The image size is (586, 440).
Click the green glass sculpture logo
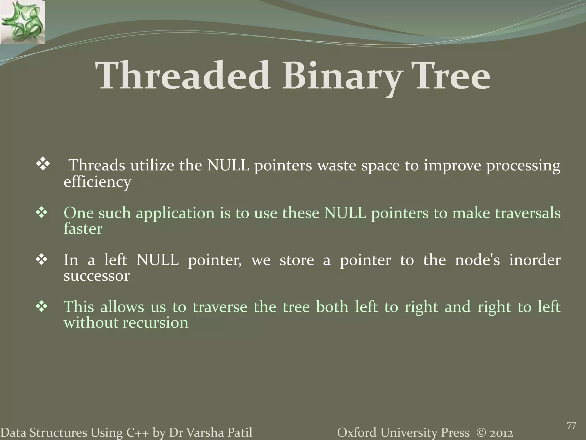tap(22, 22)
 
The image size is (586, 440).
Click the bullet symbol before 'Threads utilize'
tap(43, 166)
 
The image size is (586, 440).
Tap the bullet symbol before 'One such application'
tap(43, 213)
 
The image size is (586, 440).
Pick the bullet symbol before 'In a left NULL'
tap(43, 260)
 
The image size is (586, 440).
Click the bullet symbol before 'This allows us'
tap(43, 307)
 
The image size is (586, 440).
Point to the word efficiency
tap(97, 182)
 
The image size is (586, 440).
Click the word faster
tap(83, 229)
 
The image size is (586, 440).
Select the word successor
tap(96, 276)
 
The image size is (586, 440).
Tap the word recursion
tap(156, 323)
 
